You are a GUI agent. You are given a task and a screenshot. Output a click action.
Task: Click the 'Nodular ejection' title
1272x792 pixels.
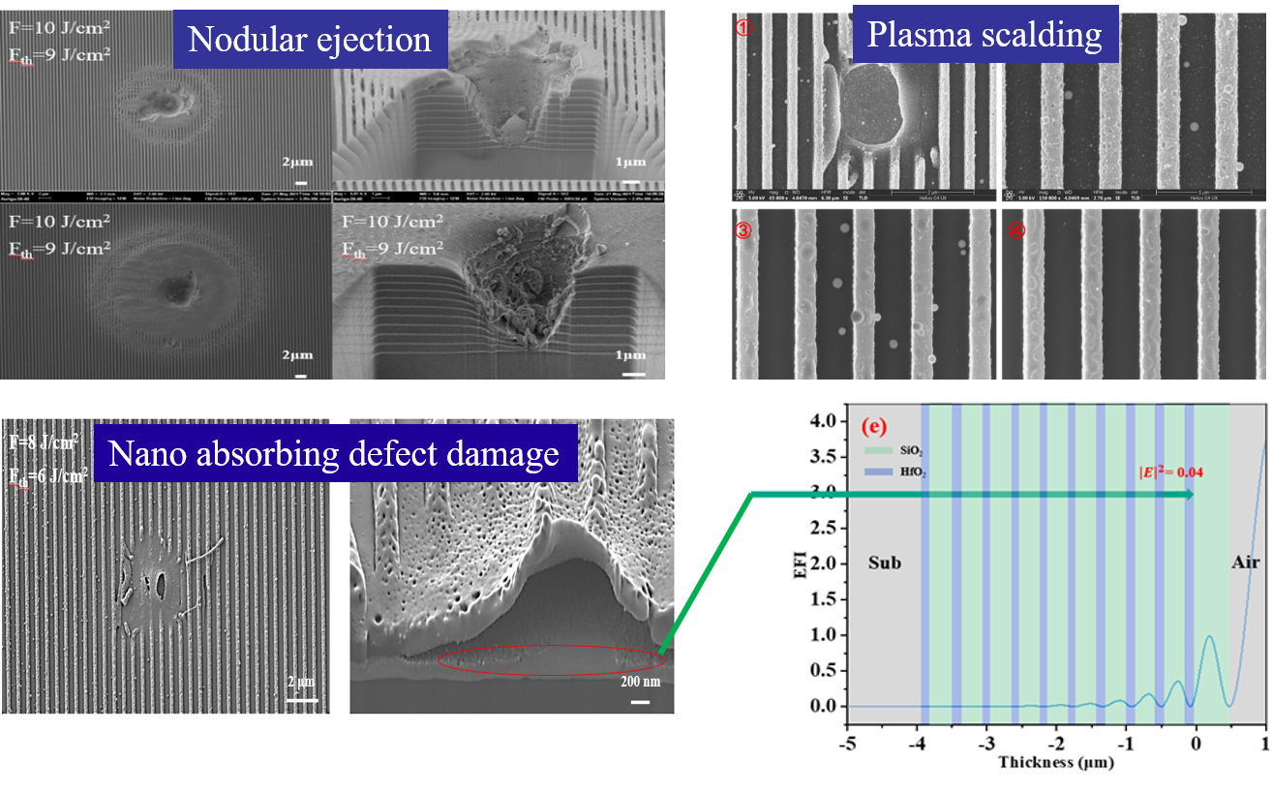pyautogui.click(x=309, y=39)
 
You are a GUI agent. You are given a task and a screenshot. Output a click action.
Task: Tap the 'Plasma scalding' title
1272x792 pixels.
pyautogui.click(x=984, y=35)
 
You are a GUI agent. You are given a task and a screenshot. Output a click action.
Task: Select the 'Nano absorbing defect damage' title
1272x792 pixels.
pyautogui.click(x=333, y=453)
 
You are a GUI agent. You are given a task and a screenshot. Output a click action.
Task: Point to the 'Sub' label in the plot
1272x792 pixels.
pyautogui.click(x=884, y=562)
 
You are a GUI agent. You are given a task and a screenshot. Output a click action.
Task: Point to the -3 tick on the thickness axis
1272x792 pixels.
pyautogui.click(x=986, y=743)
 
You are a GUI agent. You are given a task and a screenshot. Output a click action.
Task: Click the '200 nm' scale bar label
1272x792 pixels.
pyautogui.click(x=638, y=682)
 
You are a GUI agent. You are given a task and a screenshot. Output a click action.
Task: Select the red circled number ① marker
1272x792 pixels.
pyautogui.click(x=744, y=28)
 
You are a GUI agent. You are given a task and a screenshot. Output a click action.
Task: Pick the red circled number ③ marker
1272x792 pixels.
pyautogui.click(x=744, y=230)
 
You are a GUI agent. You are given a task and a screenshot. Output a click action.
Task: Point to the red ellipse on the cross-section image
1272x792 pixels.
pyautogui.click(x=551, y=659)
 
